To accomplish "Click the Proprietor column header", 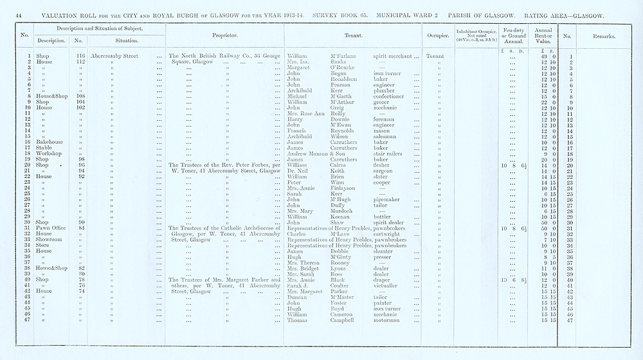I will pyautogui.click(x=225, y=36).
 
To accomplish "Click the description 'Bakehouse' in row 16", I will pyautogui.click(x=50, y=142).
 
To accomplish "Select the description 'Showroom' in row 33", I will pyautogui.click(x=51, y=239).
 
